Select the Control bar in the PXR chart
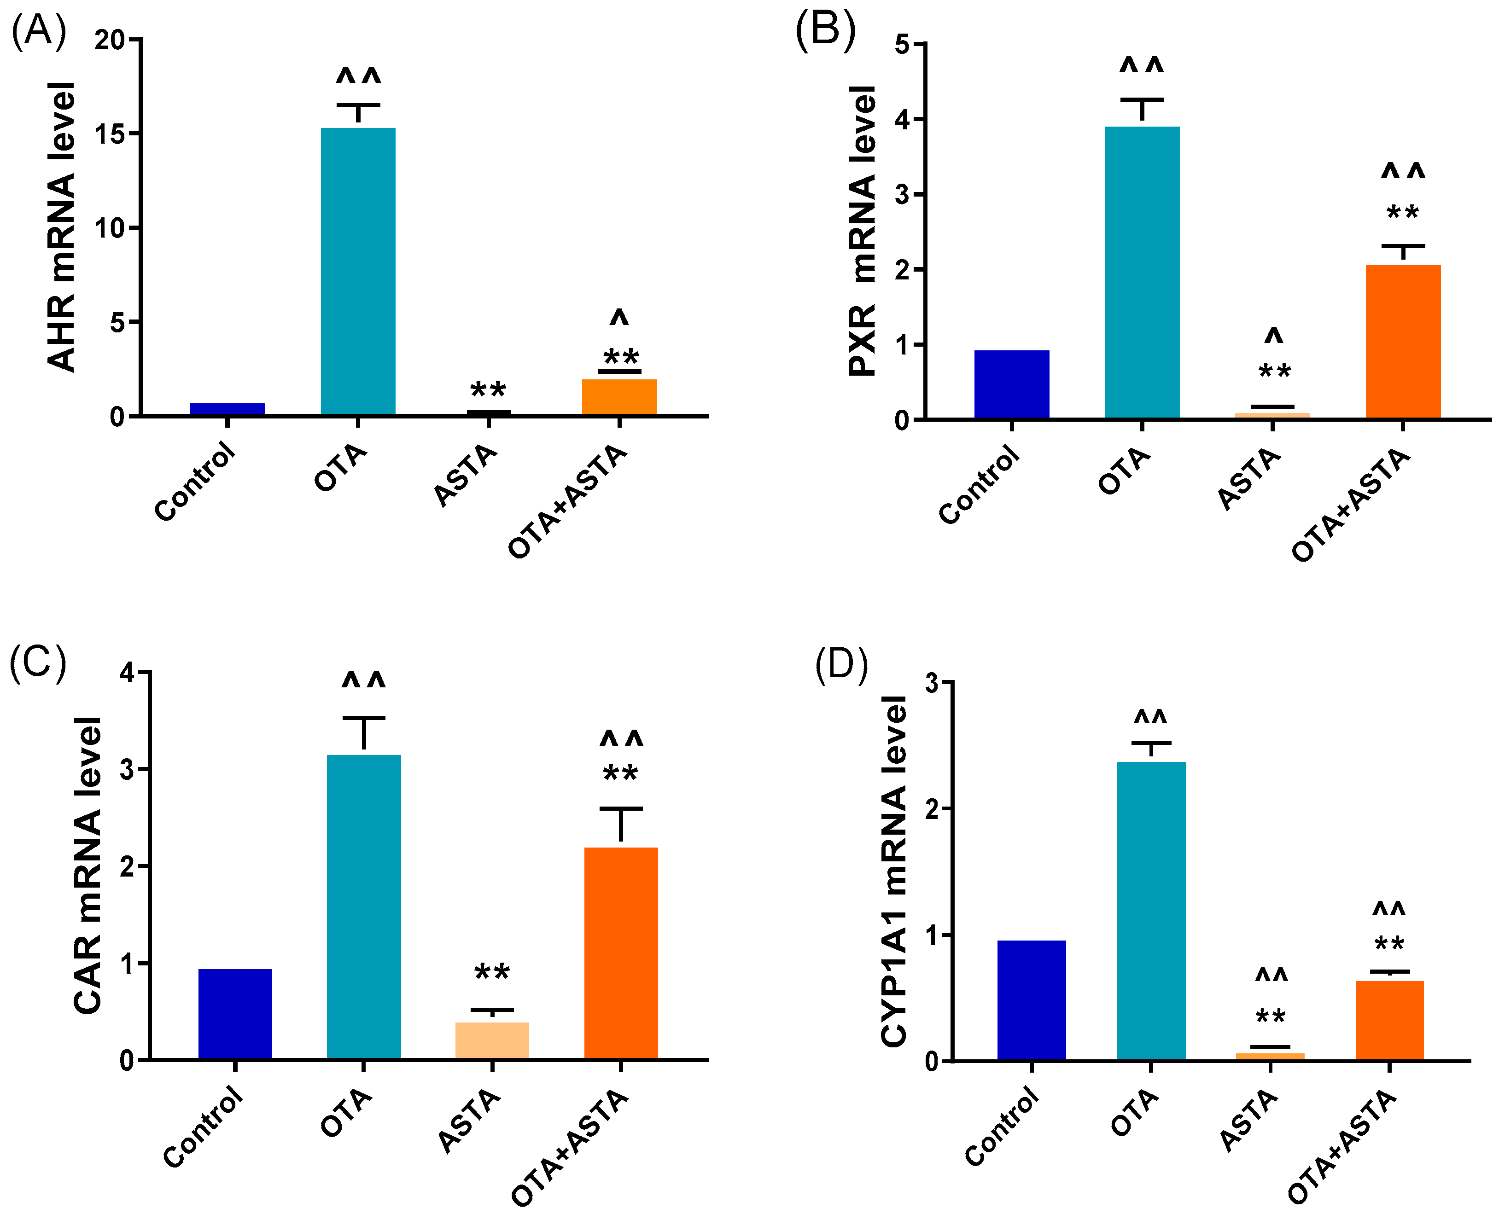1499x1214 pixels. click(1011, 384)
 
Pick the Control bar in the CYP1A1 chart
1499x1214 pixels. click(1031, 1000)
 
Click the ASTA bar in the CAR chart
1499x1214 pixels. click(492, 1040)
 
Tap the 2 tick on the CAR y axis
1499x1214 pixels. click(127, 866)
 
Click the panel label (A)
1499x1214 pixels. click(39, 31)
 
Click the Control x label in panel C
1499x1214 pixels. click(203, 1127)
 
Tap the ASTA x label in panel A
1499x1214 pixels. click(465, 476)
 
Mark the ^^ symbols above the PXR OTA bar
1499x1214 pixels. click(1142, 66)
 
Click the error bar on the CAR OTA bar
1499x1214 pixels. click(364, 732)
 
